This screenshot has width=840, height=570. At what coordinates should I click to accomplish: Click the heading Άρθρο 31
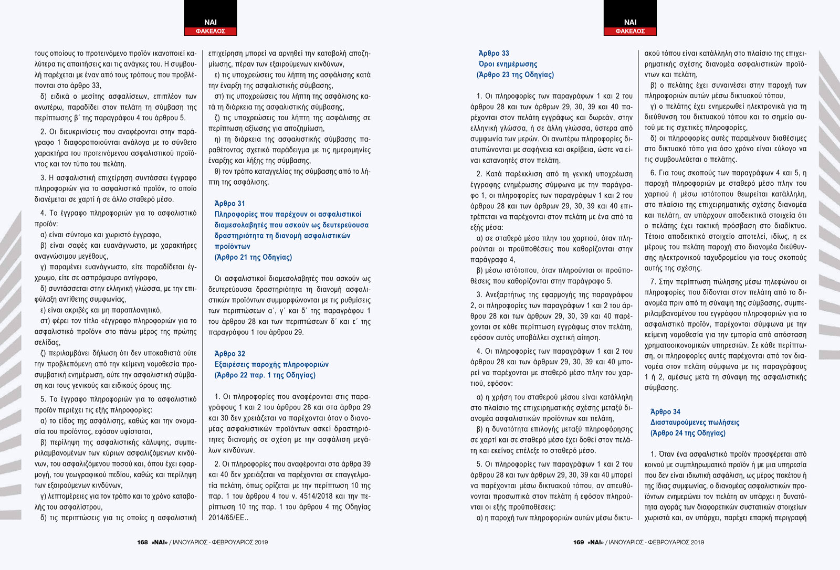click(x=229, y=204)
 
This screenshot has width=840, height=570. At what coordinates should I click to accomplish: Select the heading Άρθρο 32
click(x=229, y=354)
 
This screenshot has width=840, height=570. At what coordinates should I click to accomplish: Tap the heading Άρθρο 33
click(x=493, y=54)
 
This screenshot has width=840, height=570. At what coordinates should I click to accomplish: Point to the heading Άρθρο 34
click(x=665, y=412)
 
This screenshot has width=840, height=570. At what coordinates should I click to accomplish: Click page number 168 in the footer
click(x=142, y=542)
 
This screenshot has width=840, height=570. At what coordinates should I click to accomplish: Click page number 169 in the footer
click(x=579, y=542)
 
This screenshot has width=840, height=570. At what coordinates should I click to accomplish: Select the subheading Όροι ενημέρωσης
click(x=508, y=64)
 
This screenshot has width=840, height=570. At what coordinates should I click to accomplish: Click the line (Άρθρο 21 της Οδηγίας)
click(x=253, y=257)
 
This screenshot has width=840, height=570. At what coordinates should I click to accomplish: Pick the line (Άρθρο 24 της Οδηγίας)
click(x=688, y=433)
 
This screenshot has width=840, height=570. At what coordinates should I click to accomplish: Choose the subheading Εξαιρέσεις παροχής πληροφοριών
click(x=271, y=364)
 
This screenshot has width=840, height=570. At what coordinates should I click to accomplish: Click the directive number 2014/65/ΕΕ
click(x=227, y=518)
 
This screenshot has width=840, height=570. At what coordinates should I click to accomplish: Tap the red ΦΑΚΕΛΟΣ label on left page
click(x=210, y=31)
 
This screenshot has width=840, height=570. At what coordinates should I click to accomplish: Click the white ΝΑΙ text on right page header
click(x=630, y=23)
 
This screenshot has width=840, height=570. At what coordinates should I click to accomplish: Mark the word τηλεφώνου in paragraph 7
click(x=779, y=282)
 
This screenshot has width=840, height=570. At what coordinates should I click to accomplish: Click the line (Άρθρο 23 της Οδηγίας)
click(x=515, y=75)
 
